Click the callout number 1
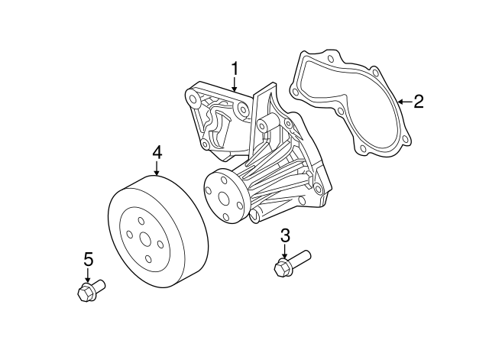(x=235, y=69)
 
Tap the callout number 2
(x=418, y=102)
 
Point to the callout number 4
(x=157, y=153)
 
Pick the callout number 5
(x=88, y=260)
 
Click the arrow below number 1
(x=235, y=86)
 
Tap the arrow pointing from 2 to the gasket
(x=403, y=102)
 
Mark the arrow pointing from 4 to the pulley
(x=157, y=169)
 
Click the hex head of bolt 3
(x=280, y=268)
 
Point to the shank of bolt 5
(x=99, y=285)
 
